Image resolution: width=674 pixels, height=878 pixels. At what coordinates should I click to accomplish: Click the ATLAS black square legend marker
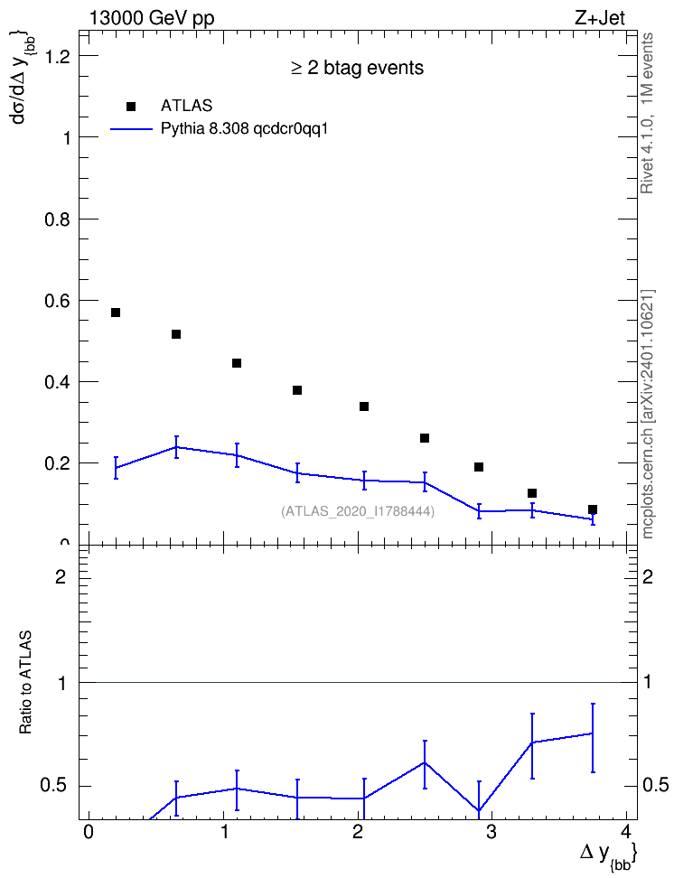pos(131,107)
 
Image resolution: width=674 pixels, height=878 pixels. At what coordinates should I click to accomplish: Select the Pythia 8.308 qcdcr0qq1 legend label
pos(244,129)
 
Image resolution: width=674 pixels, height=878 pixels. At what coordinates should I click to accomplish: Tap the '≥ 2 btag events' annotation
pos(358,68)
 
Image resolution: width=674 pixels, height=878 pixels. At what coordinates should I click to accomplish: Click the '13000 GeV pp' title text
pos(151,18)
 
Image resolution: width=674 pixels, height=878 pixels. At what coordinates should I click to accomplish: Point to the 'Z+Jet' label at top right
pos(600,18)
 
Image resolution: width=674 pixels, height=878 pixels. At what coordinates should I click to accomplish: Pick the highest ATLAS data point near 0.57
pos(116,313)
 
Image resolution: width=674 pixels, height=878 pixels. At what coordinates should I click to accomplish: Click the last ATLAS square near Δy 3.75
pos(593,509)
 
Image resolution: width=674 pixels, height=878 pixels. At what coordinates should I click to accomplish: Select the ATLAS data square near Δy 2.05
pos(364,406)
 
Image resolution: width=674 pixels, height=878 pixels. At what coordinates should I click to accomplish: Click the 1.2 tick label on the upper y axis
pos(57,56)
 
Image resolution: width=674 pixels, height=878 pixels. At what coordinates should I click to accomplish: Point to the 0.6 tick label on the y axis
pos(57,301)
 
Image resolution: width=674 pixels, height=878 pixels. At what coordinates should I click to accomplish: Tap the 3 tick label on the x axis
pos(491,832)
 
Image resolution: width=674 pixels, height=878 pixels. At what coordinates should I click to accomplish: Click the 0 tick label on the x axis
pos(88,832)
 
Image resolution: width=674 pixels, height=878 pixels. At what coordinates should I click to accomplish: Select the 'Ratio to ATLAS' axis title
pos(25,683)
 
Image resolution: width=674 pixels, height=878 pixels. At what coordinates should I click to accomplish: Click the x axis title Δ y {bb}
pos(608,855)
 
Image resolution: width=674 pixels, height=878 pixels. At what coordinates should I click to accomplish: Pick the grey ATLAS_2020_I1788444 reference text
pos(358,511)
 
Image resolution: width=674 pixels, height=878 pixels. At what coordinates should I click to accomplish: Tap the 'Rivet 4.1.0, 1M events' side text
pos(647,113)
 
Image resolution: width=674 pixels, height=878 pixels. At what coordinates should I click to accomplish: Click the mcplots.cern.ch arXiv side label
pos(648,415)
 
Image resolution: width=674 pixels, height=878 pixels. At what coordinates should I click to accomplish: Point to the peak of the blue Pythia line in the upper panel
pos(176,447)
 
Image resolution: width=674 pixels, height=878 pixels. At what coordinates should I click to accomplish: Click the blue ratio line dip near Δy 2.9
pos(479,810)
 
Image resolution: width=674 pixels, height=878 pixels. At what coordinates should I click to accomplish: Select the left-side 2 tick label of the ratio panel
pos(61,576)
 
